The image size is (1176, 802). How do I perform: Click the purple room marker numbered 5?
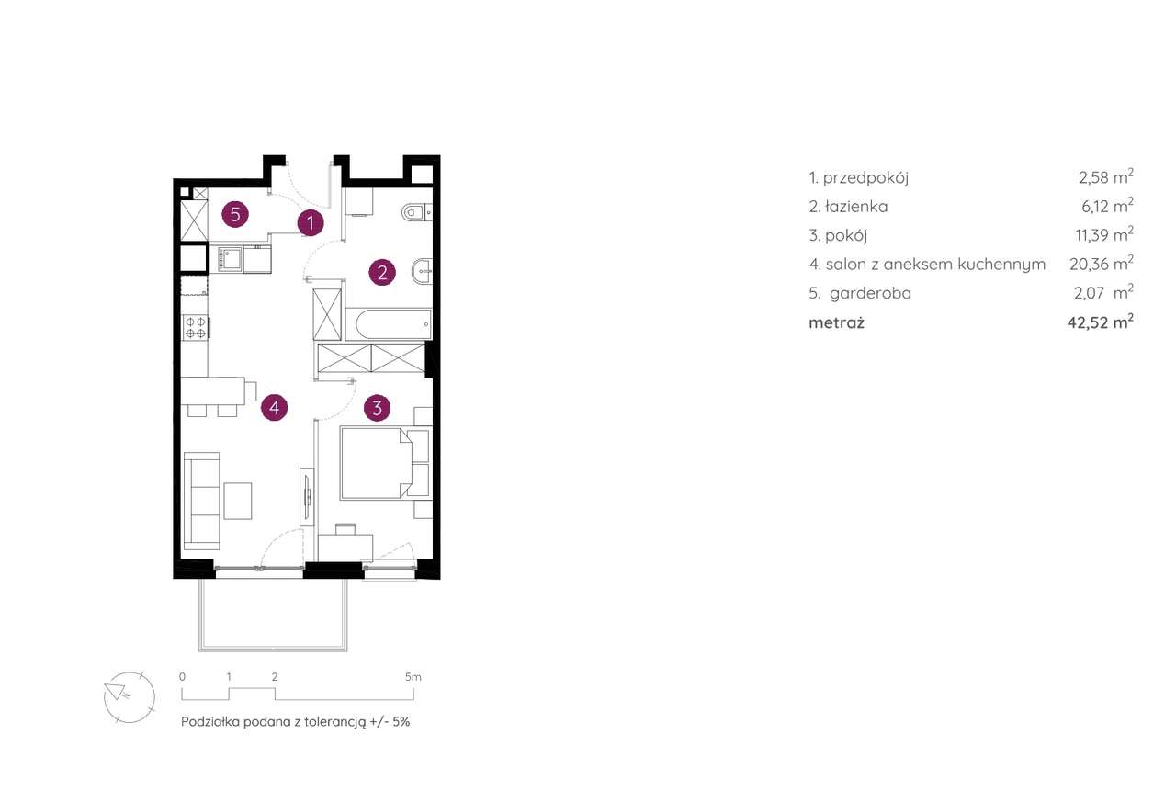(x=235, y=215)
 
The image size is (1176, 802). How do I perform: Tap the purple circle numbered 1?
(x=311, y=223)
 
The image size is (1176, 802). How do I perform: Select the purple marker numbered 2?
(x=381, y=273)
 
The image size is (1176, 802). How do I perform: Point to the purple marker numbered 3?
(x=377, y=407)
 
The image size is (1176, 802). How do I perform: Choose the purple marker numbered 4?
(x=274, y=407)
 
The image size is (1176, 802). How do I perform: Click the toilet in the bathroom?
(x=416, y=212)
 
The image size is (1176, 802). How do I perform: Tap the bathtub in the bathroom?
(x=389, y=324)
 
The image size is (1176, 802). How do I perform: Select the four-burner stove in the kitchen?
(x=196, y=327)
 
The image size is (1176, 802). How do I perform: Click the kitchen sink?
(x=231, y=259)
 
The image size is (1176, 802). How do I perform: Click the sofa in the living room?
(x=202, y=501)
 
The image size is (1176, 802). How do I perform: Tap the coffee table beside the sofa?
(x=238, y=501)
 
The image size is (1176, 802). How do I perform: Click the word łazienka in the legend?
(x=855, y=207)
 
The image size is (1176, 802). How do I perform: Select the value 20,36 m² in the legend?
(x=1102, y=263)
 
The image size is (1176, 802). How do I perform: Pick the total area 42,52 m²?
(x=1101, y=322)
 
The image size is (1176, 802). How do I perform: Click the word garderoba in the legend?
(x=870, y=293)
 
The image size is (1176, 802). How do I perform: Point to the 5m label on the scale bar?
(x=413, y=677)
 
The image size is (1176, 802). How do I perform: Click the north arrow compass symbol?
(x=130, y=697)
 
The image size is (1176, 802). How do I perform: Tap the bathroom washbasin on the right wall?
(x=423, y=271)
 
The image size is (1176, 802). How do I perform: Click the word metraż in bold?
(x=836, y=322)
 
